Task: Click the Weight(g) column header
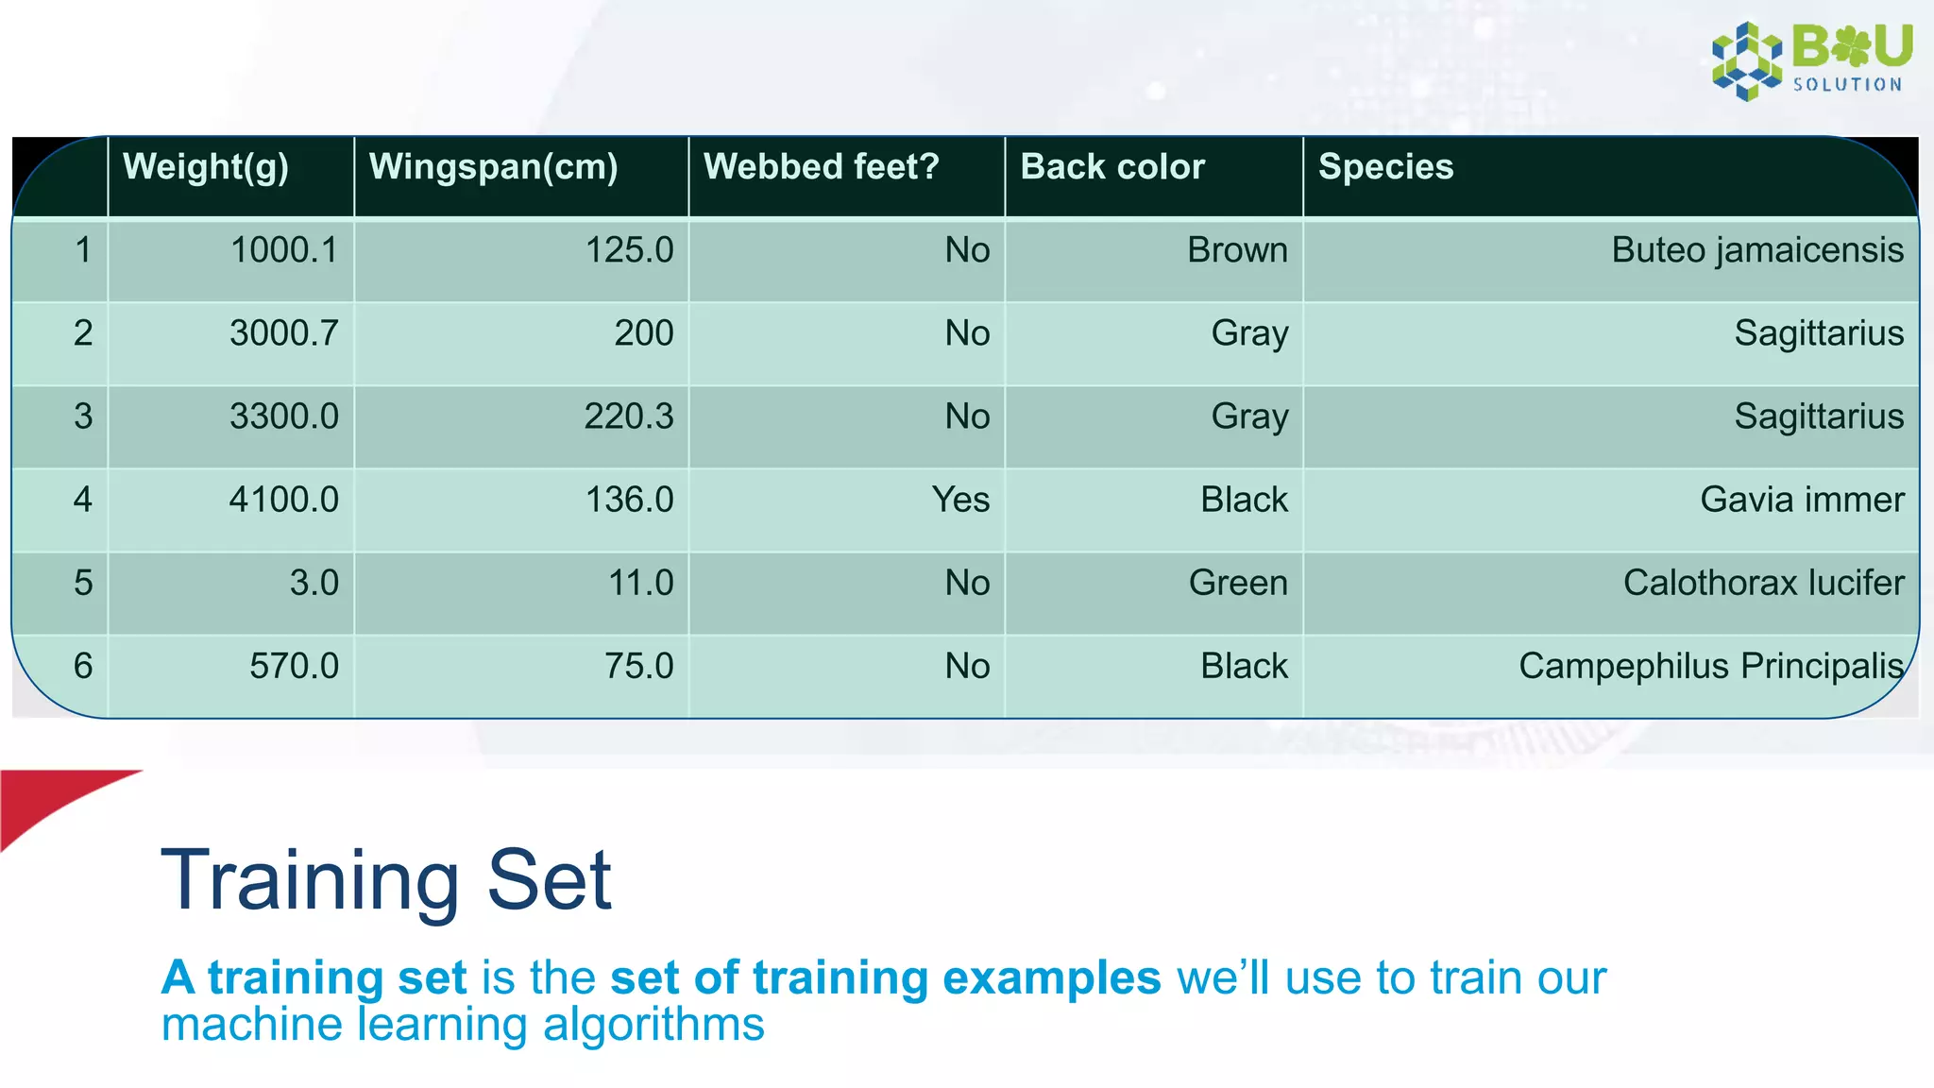[x=206, y=167]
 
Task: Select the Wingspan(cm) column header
[x=493, y=167]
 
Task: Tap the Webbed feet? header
[x=821, y=167]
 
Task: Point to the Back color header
[x=1112, y=167]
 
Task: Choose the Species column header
[x=1385, y=167]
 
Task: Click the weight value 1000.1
[x=283, y=250]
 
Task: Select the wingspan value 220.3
[x=629, y=416]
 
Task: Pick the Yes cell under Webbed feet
[x=960, y=500]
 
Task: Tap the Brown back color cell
[x=1237, y=250]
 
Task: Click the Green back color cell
[x=1238, y=583]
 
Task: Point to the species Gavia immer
[x=1802, y=500]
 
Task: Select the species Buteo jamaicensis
[x=1757, y=250]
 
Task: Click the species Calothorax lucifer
[x=1763, y=583]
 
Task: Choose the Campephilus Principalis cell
[x=1710, y=666]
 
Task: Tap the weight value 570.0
[x=294, y=666]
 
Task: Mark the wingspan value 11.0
[x=640, y=583]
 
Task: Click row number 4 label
[x=83, y=500]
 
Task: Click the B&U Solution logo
[x=1811, y=60]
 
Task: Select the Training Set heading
[x=387, y=880]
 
